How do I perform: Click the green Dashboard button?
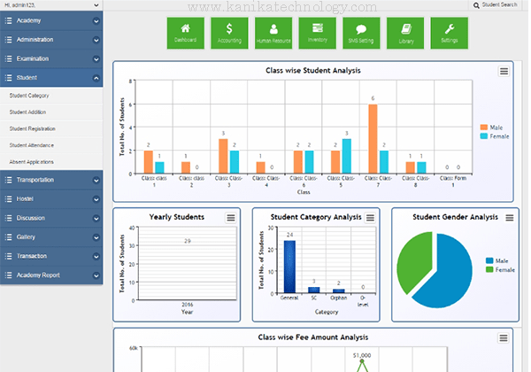click(x=185, y=33)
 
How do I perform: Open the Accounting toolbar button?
click(x=229, y=33)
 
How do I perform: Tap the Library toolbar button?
click(x=405, y=33)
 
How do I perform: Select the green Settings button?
click(x=450, y=33)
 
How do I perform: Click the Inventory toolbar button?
click(x=318, y=33)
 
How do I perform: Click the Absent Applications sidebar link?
click(x=32, y=162)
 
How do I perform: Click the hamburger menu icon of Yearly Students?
click(x=231, y=218)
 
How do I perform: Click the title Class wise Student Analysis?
click(x=307, y=70)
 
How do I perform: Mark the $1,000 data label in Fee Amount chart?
click(x=360, y=355)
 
